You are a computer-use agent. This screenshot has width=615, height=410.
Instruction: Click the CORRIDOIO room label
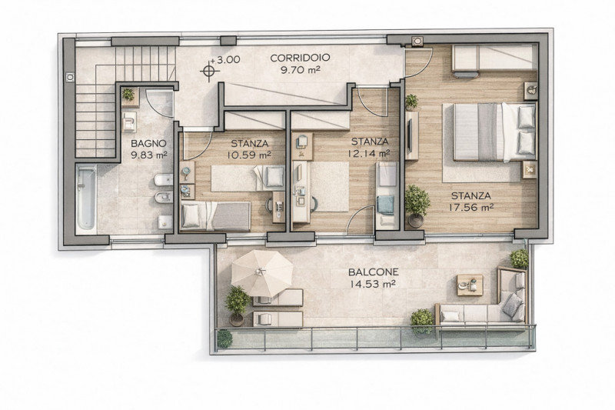(x=300, y=58)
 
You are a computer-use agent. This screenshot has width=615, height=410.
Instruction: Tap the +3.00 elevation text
(x=224, y=60)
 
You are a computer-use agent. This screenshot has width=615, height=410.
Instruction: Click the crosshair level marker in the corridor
(x=208, y=71)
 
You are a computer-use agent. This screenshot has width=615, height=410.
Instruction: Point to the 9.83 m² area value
(x=148, y=155)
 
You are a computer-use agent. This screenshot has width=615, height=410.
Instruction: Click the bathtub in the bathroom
(x=86, y=197)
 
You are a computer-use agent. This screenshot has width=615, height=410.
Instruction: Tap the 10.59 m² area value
(x=249, y=155)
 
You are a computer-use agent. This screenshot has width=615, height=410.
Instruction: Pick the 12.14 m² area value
(x=368, y=153)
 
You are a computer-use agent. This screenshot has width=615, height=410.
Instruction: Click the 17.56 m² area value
(x=471, y=208)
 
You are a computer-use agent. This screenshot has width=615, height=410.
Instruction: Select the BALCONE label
(x=374, y=272)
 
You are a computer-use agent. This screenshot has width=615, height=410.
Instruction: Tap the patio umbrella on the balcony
(x=262, y=274)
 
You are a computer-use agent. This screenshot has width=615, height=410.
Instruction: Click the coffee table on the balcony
(x=470, y=285)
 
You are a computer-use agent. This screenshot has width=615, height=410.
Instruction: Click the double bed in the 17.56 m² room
(x=494, y=132)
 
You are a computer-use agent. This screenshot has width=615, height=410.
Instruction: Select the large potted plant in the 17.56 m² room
(x=417, y=205)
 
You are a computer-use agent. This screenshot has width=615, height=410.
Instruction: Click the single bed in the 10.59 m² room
(x=216, y=216)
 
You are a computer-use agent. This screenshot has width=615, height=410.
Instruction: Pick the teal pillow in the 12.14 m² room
(x=385, y=205)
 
